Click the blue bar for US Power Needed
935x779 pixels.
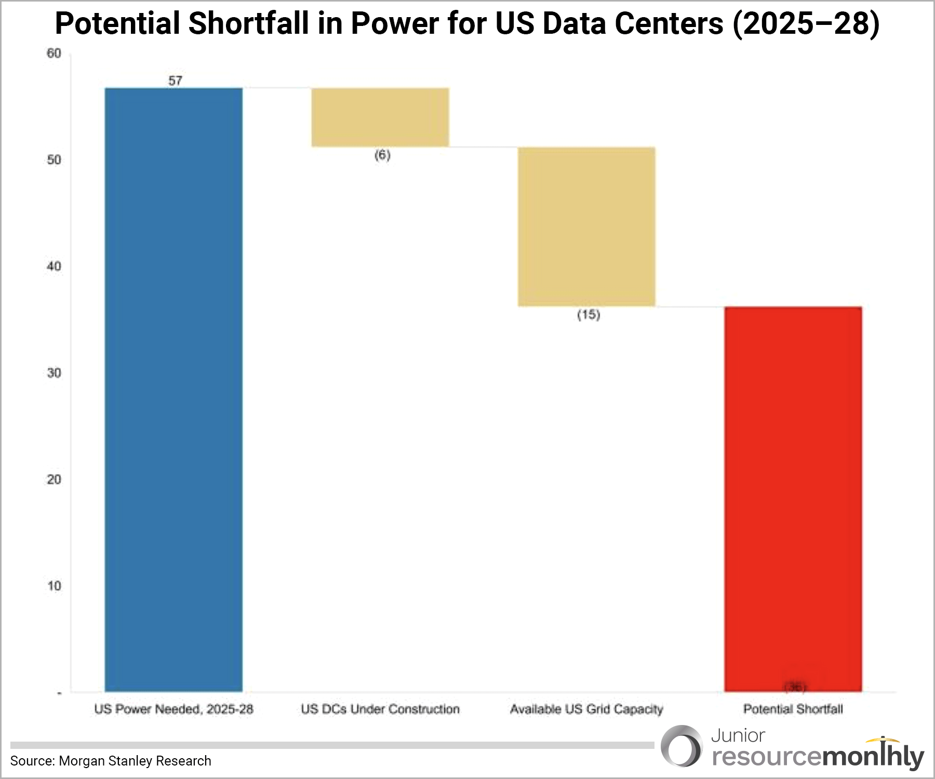pyautogui.click(x=173, y=389)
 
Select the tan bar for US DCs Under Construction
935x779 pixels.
pyautogui.click(x=380, y=117)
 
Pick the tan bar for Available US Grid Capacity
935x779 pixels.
pyautogui.click(x=586, y=227)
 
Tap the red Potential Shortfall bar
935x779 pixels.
pyautogui.click(x=793, y=499)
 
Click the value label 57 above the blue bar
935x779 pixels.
pyautogui.click(x=175, y=80)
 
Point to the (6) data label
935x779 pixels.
pyautogui.click(x=382, y=155)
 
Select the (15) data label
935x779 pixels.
pyautogui.click(x=589, y=315)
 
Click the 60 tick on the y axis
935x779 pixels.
pyautogui.click(x=54, y=53)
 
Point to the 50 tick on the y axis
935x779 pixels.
pyautogui.click(x=54, y=160)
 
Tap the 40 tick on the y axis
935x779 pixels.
pyautogui.click(x=54, y=266)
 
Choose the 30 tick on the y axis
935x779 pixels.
pyautogui.click(x=54, y=373)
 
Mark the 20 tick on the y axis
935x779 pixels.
pyautogui.click(x=54, y=479)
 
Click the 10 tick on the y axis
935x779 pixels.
pyautogui.click(x=54, y=586)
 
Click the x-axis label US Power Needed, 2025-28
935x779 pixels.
pyautogui.click(x=173, y=709)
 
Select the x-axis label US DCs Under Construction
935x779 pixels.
pyautogui.click(x=380, y=709)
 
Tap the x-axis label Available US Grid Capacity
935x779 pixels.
pyautogui.click(x=586, y=709)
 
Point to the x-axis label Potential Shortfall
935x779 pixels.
pyautogui.click(x=793, y=709)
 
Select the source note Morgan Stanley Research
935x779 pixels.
pyautogui.click(x=111, y=761)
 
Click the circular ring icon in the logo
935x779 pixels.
pyautogui.click(x=682, y=747)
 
